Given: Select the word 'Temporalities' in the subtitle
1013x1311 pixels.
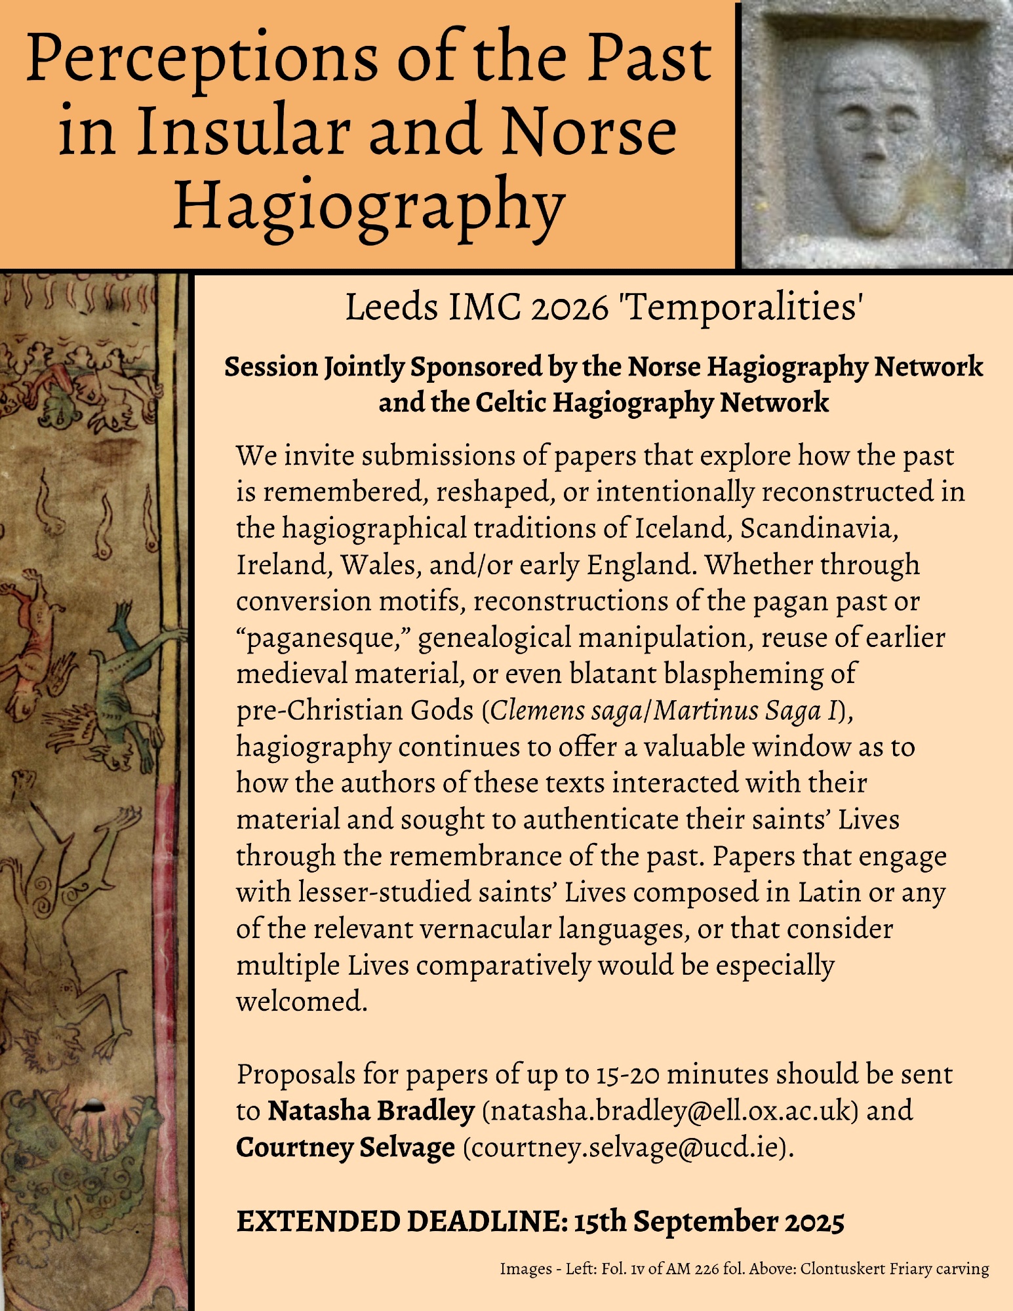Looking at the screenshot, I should point(742,307).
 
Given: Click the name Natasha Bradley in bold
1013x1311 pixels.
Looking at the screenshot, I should point(371,1110).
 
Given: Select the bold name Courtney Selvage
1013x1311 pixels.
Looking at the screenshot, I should point(346,1147).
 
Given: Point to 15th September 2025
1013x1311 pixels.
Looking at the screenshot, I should point(709,1221).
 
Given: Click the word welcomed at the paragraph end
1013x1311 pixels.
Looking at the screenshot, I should point(301,1001).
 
